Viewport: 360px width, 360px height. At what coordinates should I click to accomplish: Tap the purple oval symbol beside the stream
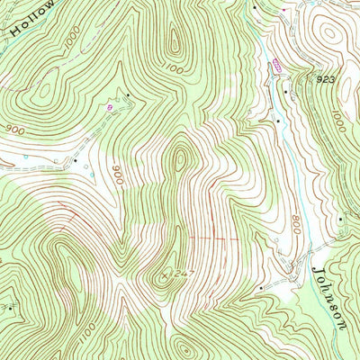[276, 65]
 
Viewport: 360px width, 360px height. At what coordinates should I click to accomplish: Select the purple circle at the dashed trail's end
[111, 106]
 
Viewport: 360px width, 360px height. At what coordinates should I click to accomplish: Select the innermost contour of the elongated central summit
[181, 160]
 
